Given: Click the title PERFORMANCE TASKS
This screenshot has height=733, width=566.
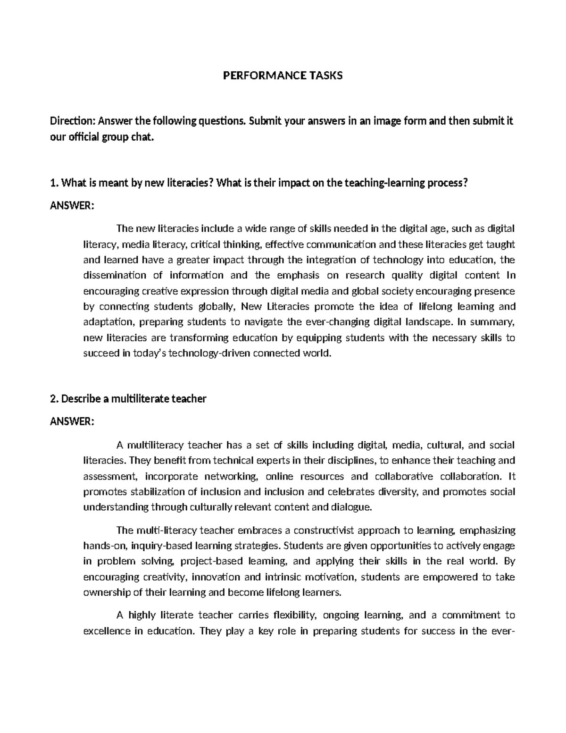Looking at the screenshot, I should click(283, 76).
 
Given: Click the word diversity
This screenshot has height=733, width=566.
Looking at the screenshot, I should click(398, 492).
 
